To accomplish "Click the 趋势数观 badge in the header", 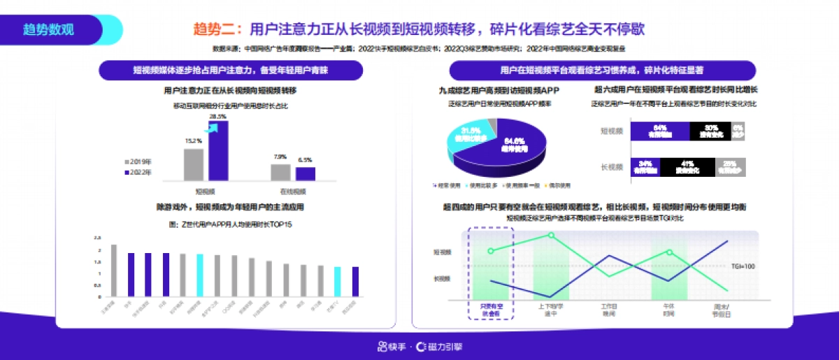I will [x=48, y=30].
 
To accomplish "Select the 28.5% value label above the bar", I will [x=218, y=117].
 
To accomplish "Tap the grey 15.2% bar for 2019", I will [x=194, y=164].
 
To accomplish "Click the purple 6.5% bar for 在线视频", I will [x=305, y=173].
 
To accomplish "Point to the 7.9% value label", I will [x=280, y=157].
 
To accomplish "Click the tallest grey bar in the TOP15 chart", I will [x=113, y=270].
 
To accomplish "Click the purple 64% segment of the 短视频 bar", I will [x=659, y=131].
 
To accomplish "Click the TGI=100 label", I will [x=743, y=266].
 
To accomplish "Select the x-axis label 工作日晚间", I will [x=609, y=310].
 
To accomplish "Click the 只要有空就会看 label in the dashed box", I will [x=490, y=310].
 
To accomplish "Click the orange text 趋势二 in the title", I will [x=214, y=29].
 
